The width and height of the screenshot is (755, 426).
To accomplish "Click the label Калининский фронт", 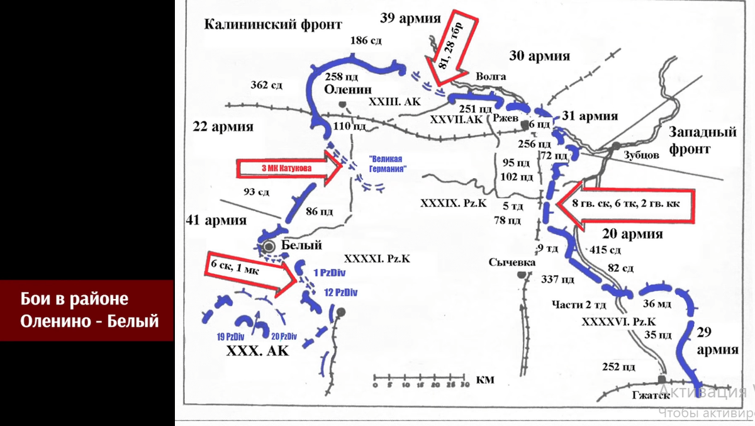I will pos(272,25).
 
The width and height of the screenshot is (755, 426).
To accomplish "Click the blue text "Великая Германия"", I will pos(385,164).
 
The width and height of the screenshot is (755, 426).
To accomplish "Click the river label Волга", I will pos(491,76).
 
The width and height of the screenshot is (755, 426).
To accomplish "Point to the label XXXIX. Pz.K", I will pos(453,203).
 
